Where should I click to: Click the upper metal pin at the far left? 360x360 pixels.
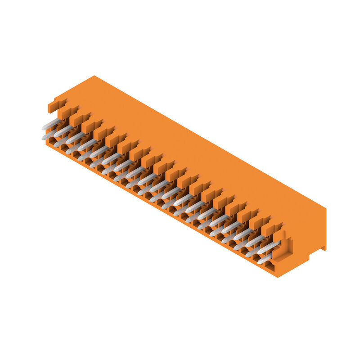click(x=51, y=124)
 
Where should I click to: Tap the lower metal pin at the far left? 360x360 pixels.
click(x=49, y=134)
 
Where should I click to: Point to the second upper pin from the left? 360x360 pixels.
click(x=63, y=130)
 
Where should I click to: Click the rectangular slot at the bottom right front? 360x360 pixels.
click(x=270, y=268)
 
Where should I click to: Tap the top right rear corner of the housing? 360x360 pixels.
click(x=325, y=208)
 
